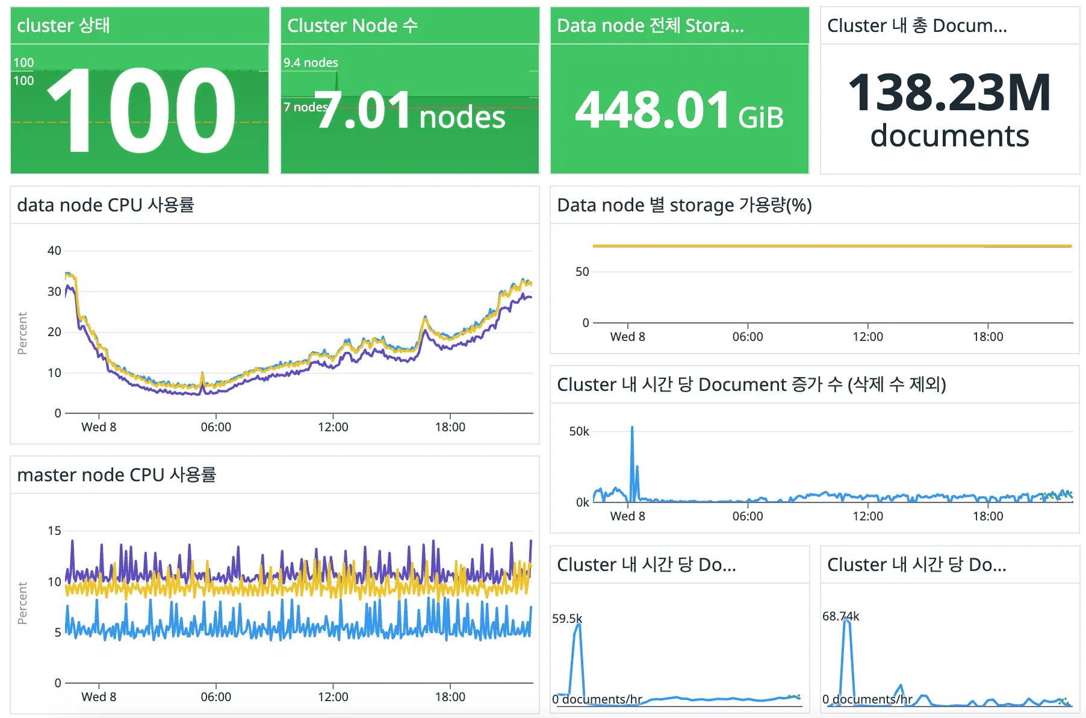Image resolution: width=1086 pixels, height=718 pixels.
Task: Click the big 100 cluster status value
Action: [141, 111]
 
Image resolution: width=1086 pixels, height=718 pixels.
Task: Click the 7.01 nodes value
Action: [409, 112]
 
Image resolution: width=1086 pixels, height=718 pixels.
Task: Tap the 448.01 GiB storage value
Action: [679, 111]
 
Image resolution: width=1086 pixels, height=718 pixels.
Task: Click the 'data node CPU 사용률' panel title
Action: [105, 205]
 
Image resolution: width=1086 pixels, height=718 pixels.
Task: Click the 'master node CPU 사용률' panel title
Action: [116, 475]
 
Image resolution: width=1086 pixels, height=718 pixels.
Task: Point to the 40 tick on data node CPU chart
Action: [54, 251]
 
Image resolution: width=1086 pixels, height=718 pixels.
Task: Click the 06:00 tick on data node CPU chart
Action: [216, 427]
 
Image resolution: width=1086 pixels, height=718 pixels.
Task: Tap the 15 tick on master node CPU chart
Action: [54, 531]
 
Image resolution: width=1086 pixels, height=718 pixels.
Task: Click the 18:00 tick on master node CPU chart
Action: [450, 697]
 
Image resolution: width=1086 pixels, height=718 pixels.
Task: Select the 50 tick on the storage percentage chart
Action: [582, 272]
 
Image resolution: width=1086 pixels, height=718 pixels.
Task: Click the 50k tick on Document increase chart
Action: [579, 431]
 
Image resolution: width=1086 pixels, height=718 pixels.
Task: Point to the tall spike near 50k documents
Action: [632, 429]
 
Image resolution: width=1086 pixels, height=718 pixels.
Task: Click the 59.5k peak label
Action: [567, 619]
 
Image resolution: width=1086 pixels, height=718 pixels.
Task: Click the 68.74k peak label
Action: [840, 616]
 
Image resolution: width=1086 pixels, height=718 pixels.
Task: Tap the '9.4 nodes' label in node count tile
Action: [311, 63]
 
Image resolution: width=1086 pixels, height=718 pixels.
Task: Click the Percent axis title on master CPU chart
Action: [22, 603]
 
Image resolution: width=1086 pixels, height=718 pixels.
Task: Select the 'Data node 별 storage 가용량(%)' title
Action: [684, 205]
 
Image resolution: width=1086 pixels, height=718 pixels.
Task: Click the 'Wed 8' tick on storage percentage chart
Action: [627, 337]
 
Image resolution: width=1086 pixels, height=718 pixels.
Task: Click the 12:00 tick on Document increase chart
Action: [867, 516]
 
